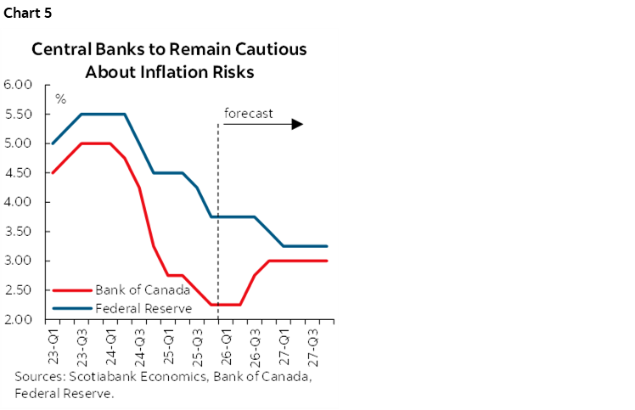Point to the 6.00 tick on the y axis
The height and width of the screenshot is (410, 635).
17,85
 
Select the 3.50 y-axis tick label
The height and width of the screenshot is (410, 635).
17,232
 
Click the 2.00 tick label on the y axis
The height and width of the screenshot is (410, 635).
17,320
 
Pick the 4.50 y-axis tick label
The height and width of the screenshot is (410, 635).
17,173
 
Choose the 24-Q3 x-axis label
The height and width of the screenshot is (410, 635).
139,341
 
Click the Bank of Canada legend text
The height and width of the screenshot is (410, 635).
143,289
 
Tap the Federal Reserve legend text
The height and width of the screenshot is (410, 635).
143,308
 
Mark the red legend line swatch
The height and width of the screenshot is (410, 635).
71,290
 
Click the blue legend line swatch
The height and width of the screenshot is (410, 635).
71,309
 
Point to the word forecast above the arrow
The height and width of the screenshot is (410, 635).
248,112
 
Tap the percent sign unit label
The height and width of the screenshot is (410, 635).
60,99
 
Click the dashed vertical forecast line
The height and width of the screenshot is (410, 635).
219,212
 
